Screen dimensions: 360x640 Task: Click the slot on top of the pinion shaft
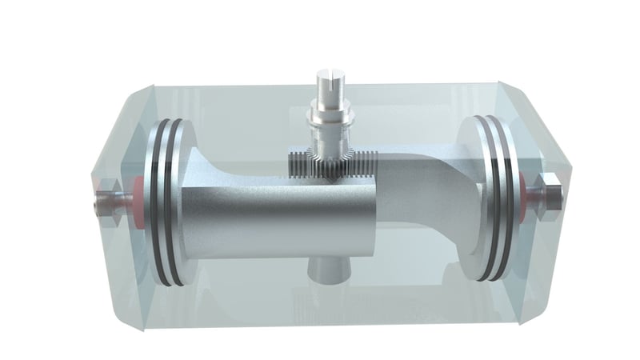[x=332, y=80]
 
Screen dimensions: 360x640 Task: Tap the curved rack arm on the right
[x=432, y=192]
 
